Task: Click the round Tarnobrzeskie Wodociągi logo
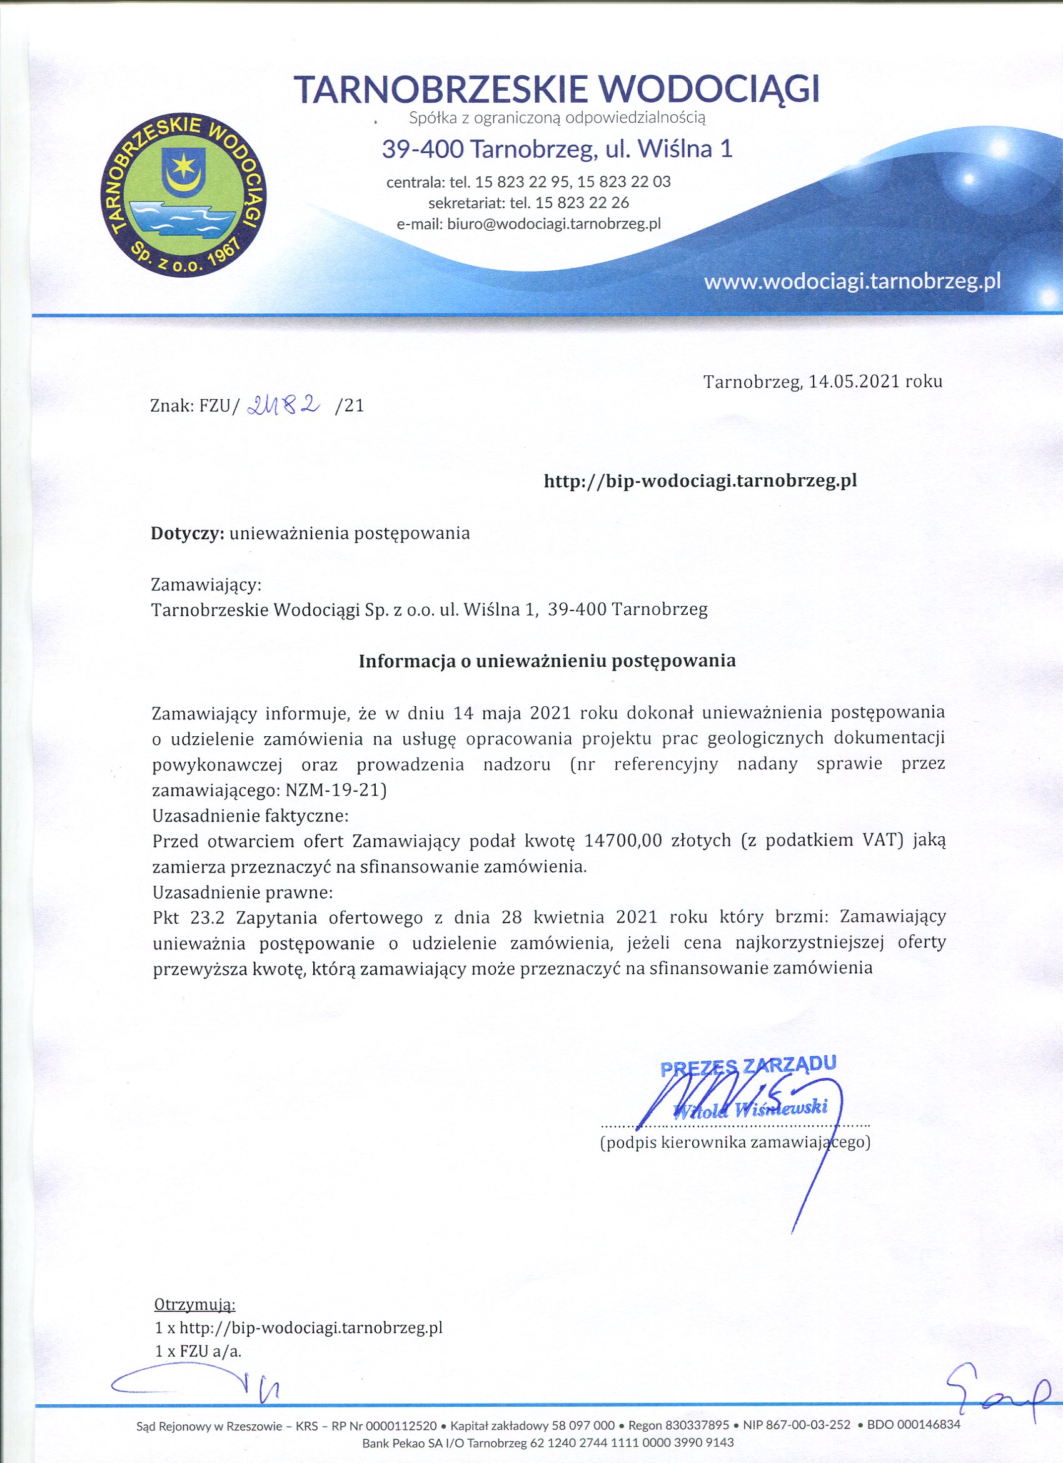[184, 196]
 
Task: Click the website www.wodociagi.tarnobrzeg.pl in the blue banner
[852, 282]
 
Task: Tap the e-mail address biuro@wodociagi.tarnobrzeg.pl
[554, 224]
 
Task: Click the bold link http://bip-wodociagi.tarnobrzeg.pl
[700, 480]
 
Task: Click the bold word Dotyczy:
[188, 534]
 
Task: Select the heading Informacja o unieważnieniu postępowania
[547, 661]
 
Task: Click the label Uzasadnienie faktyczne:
[250, 816]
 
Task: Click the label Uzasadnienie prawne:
[243, 893]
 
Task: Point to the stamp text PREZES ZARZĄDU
[749, 1065]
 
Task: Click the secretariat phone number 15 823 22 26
[582, 203]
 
